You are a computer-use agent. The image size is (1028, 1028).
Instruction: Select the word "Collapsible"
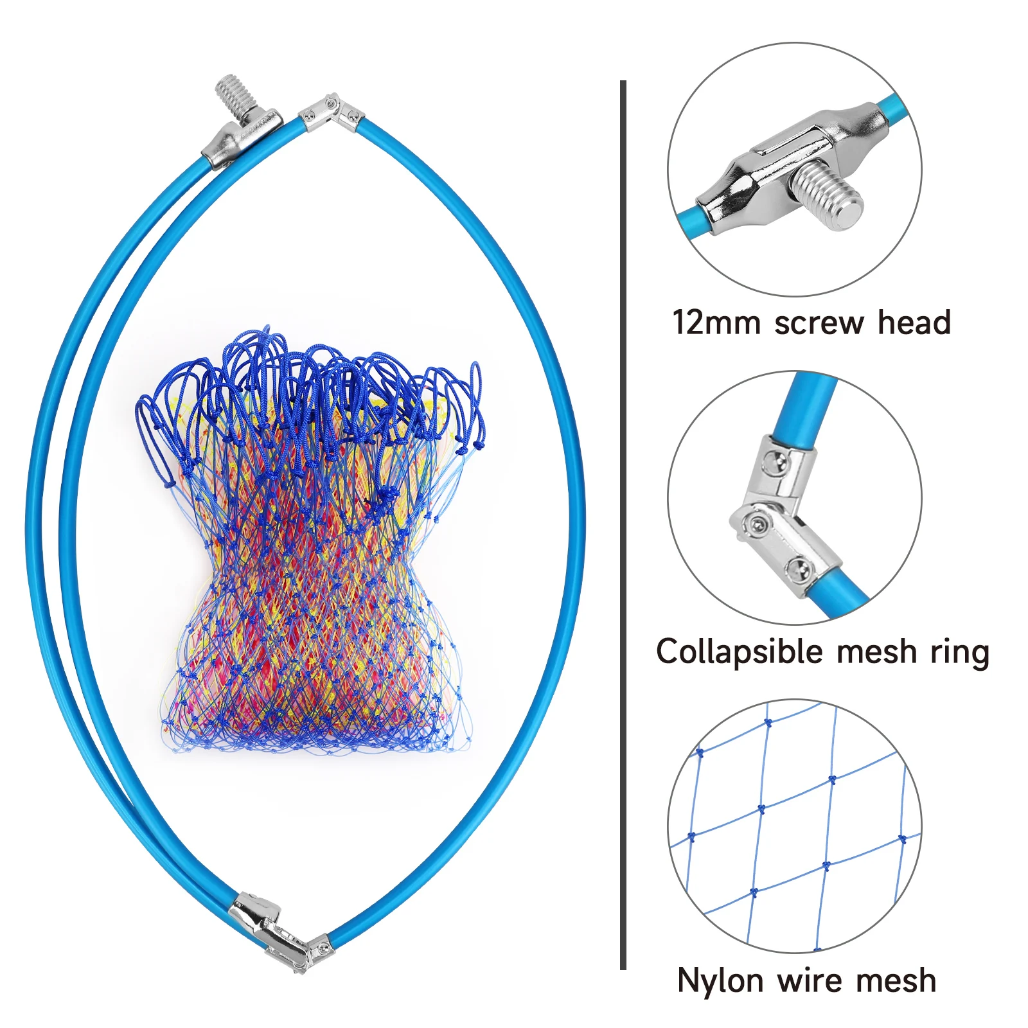[x=739, y=651]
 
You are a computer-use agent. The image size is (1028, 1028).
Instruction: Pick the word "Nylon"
[x=720, y=981]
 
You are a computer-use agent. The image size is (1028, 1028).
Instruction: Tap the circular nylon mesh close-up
[x=795, y=826]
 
